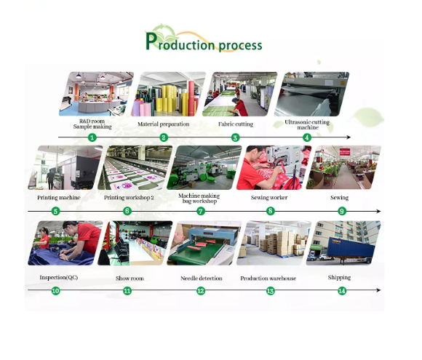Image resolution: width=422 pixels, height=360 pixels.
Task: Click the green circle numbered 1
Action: pos(92,137)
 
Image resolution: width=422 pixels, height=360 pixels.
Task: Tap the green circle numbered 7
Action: pos(201,211)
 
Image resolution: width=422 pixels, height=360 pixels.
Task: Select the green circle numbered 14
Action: pos(342,291)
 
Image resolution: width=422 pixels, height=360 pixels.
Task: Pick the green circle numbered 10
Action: pos(55,291)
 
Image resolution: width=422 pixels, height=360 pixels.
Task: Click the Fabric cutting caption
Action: pos(236,124)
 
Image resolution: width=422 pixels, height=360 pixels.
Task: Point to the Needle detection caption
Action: pos(202,279)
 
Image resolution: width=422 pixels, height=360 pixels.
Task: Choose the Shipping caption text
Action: pos(339,277)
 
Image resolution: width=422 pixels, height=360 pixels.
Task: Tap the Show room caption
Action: pos(130,279)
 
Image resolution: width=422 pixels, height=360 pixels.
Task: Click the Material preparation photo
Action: pos(168,94)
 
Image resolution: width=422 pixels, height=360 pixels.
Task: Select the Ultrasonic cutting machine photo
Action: pos(311,94)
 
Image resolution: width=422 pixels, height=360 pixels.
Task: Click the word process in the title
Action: pos(240,46)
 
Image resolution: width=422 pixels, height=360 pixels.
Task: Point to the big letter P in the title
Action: pos(151,41)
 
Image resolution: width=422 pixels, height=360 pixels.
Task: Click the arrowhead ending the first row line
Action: pos(349,137)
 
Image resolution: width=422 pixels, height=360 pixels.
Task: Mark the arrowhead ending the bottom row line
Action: pos(378,290)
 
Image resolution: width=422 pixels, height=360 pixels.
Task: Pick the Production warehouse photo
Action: pos(274,243)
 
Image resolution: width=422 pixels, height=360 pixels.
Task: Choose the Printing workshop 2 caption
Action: pos(129,198)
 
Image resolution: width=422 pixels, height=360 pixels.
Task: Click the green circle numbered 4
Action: pos(307,137)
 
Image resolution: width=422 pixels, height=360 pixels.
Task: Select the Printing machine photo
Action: pos(65,167)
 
